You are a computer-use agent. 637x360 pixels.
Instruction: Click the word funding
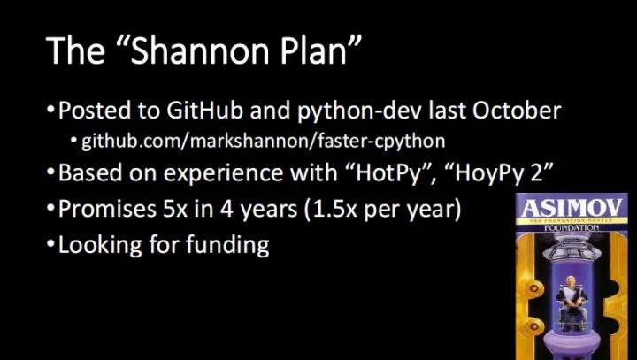(226, 245)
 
